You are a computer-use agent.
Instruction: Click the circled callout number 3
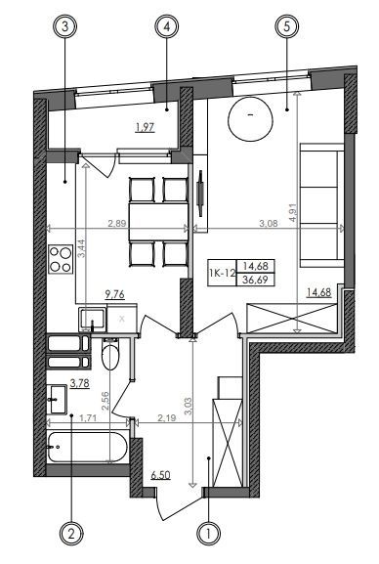point(65,27)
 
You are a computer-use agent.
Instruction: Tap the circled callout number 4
point(167,27)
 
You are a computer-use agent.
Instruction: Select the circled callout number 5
point(286,27)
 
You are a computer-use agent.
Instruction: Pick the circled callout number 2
point(71,534)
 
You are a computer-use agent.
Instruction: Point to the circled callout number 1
point(209,534)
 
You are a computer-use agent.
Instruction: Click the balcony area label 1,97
point(146,127)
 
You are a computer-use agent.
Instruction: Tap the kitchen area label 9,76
point(114,294)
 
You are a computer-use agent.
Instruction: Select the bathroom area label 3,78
point(79,383)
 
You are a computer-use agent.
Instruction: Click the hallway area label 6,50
point(160,475)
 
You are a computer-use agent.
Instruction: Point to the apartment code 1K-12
point(222,273)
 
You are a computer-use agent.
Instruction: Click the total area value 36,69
point(255,280)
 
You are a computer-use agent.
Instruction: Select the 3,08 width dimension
point(269,224)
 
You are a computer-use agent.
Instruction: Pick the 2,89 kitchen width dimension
point(117,224)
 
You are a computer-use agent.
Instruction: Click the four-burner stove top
point(61,259)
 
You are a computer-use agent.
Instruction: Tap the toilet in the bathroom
point(110,354)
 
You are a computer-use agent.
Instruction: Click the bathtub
point(87,447)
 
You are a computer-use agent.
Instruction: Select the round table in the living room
point(251,119)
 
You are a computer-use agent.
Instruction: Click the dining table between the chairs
point(158,222)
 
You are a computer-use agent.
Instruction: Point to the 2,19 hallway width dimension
point(166,418)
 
